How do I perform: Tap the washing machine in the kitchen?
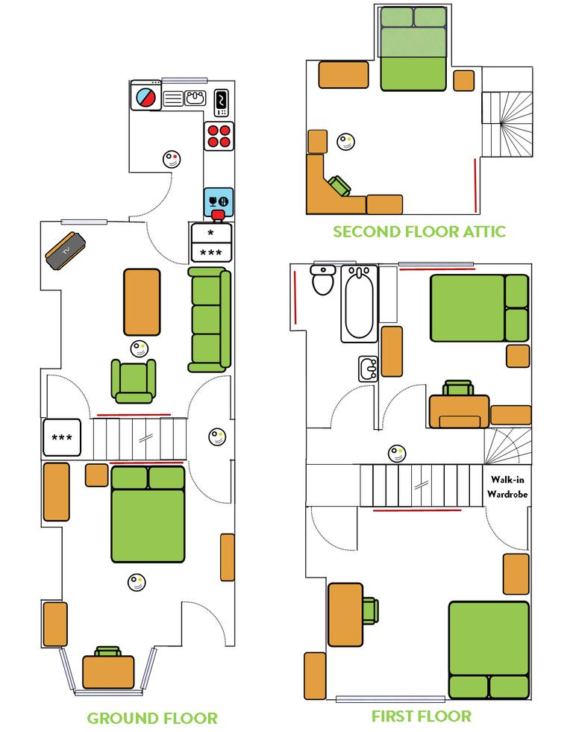(145, 97)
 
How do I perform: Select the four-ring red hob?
(219, 136)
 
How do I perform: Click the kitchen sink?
(196, 97)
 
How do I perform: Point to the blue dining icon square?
(219, 200)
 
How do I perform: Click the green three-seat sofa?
(210, 320)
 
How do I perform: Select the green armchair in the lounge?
(134, 379)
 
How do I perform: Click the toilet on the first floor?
(324, 280)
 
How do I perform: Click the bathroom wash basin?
(368, 368)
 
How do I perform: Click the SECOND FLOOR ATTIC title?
(419, 231)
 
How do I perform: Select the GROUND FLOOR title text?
(152, 719)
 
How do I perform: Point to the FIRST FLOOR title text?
(422, 716)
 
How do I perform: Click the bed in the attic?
(413, 49)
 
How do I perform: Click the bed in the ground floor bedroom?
(147, 515)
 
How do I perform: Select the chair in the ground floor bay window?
(108, 652)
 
